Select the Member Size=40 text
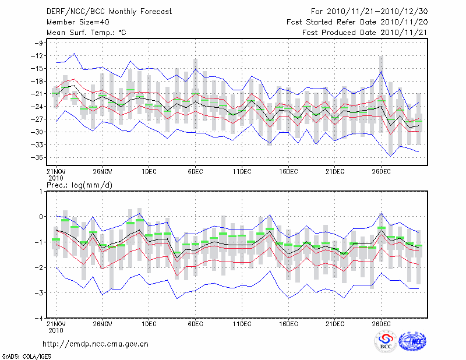pos(73,22)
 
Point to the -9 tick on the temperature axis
pos(40,43)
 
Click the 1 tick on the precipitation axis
pos(43,191)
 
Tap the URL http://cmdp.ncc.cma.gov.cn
pos(96,344)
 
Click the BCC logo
pos(385,341)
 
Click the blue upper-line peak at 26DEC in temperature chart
pos(381,72)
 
